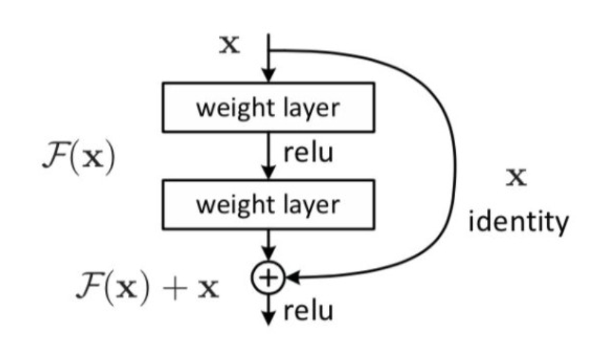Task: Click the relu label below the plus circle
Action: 308,311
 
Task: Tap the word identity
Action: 518,223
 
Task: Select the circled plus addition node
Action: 269,277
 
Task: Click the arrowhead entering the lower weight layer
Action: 269,173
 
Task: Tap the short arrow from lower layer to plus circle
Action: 269,246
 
